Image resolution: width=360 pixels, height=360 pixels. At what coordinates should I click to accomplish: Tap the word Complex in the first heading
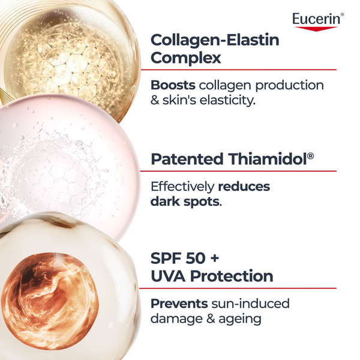tap(186, 58)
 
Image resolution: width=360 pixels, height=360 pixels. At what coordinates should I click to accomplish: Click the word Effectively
tap(184, 186)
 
